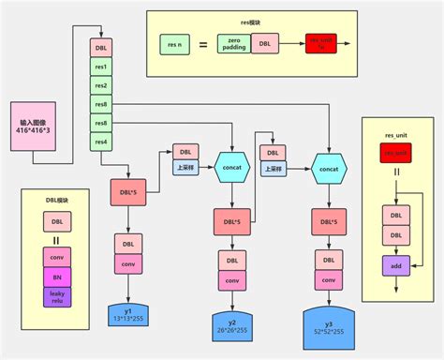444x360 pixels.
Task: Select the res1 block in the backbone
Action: coord(101,67)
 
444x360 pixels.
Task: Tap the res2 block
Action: coord(101,86)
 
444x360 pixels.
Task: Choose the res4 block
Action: coord(101,142)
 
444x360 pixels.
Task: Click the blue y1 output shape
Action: coord(128,314)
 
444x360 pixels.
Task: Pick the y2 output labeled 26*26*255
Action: coord(231,323)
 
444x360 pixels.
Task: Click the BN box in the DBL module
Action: coord(56,277)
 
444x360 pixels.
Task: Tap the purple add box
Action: coord(396,266)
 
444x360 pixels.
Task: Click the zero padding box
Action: coord(233,43)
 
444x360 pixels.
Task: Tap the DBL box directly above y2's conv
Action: coord(231,259)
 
